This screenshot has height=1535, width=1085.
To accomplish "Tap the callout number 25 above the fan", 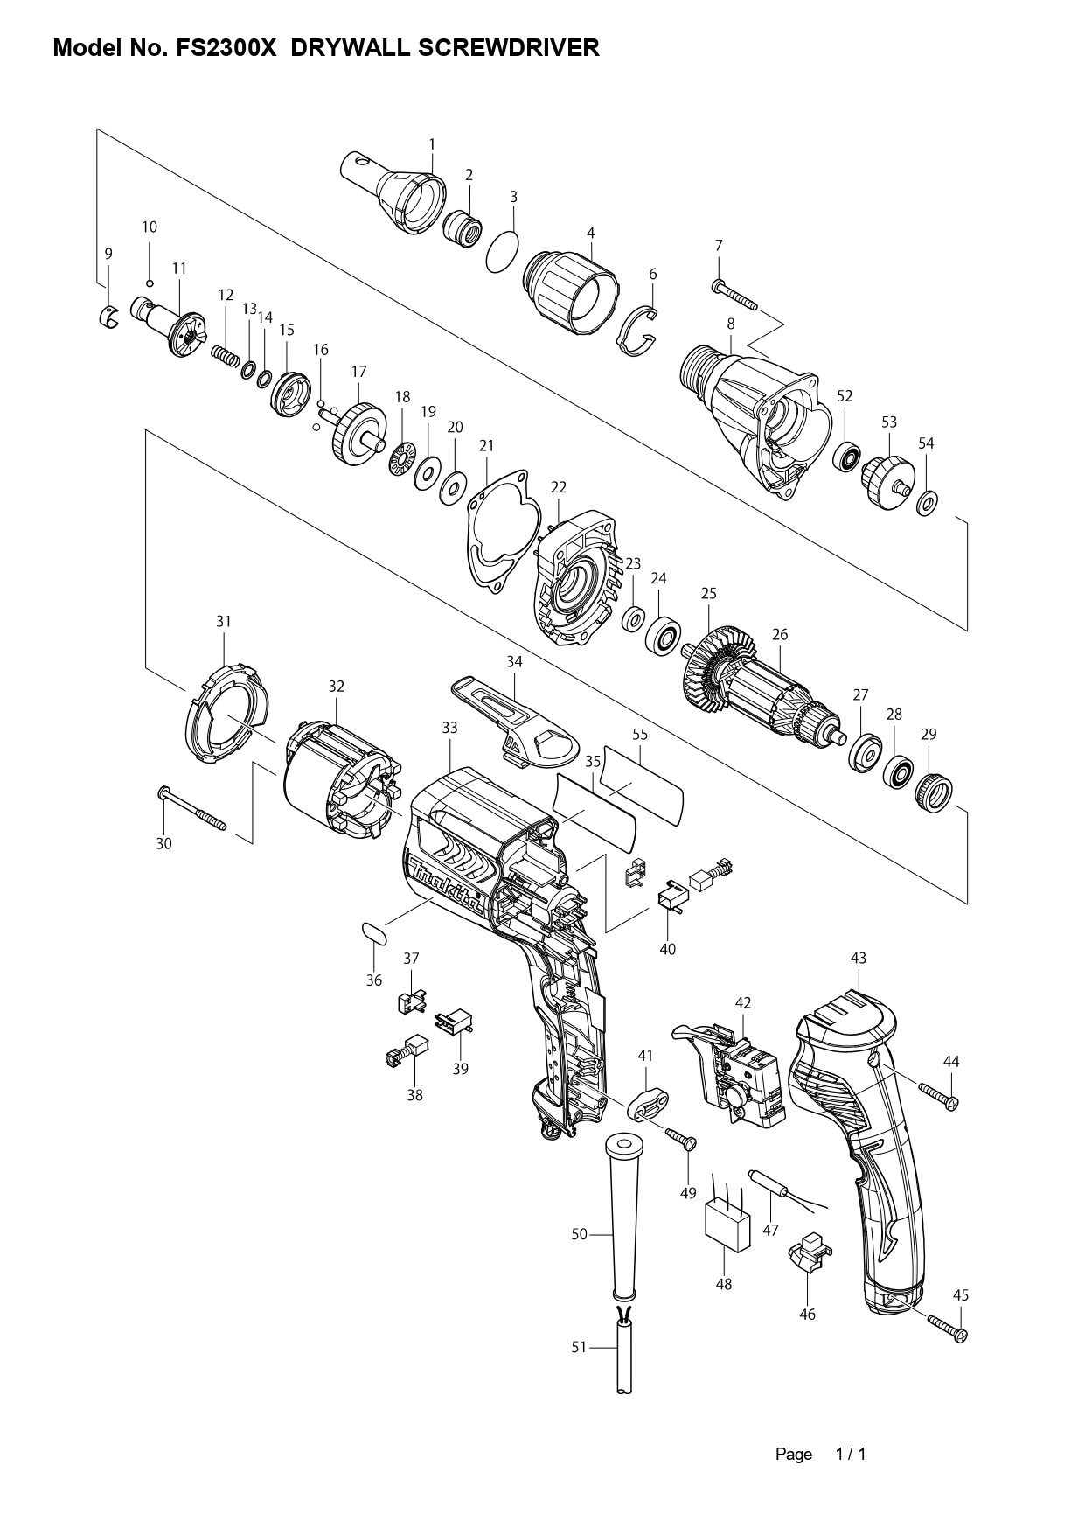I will (x=708, y=593).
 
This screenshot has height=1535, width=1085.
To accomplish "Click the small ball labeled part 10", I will (x=150, y=283).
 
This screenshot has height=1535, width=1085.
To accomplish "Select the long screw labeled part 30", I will (x=191, y=809).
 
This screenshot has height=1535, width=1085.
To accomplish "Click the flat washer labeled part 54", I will (x=927, y=503).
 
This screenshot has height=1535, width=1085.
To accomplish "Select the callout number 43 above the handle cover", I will (x=858, y=958).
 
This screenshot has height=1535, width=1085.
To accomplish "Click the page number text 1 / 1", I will (x=850, y=1455).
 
